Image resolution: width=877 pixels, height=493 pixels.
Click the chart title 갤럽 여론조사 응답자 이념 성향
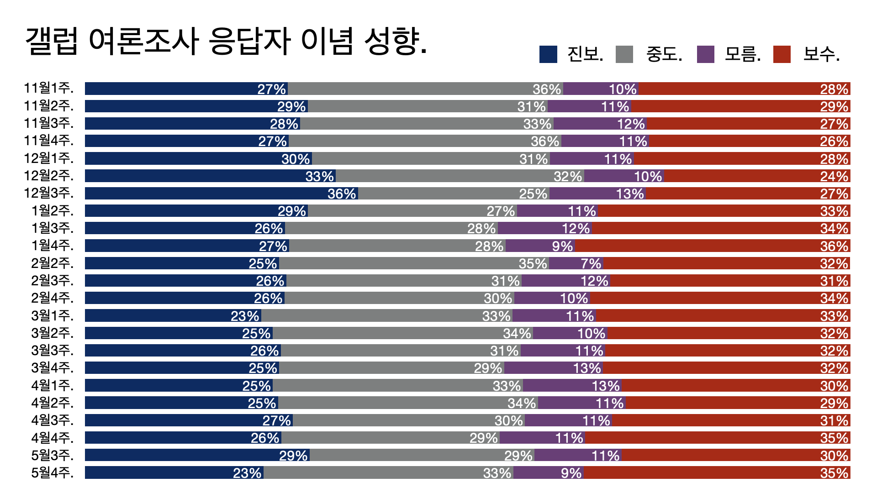coord(226,41)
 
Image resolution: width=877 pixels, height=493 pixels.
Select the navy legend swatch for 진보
coord(548,54)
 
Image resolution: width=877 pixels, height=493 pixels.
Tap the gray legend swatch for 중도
coord(624,54)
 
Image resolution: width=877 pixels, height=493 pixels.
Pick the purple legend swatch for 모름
coord(705,54)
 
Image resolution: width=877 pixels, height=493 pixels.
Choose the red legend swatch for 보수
coord(782,54)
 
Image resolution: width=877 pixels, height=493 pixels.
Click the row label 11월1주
coord(48,88)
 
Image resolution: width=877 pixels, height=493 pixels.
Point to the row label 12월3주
coord(48,193)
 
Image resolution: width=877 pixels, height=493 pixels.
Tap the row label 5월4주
coord(52,473)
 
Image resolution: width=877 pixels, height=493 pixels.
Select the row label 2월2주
coord(52,263)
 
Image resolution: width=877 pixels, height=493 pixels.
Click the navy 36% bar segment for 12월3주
coord(221,194)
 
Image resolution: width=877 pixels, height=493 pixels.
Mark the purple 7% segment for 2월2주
coord(576,263)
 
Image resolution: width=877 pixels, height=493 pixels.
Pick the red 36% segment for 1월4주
coord(713,246)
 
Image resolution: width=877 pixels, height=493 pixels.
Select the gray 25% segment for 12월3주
coord(454,194)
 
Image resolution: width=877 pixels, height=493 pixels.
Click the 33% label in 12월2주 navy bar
coord(320,176)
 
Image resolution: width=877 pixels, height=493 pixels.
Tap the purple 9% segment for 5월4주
coord(548,473)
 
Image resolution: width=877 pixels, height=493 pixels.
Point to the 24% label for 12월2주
coord(834,176)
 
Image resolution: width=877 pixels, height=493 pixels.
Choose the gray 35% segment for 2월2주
coord(414,263)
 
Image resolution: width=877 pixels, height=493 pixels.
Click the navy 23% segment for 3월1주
coord(173,316)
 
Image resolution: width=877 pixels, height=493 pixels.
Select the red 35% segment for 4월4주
coord(718,438)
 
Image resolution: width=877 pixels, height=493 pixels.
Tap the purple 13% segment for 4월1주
coord(572,386)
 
